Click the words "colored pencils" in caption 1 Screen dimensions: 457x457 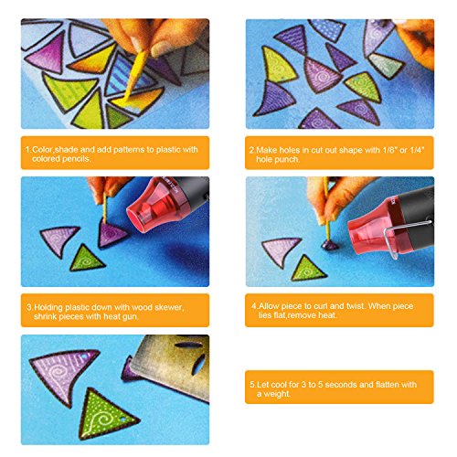61,159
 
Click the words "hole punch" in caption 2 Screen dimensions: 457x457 277,159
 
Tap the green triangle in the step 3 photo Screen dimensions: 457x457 87,260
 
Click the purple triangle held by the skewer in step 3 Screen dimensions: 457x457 111,233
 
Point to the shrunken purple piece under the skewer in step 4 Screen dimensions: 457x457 330,245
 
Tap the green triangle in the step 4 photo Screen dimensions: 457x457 308,269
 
